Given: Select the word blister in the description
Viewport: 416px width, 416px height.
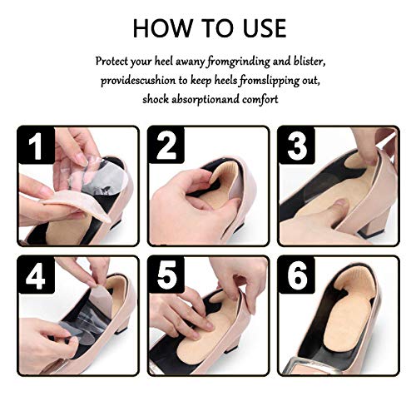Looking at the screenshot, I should pyautogui.click(x=304, y=62).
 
